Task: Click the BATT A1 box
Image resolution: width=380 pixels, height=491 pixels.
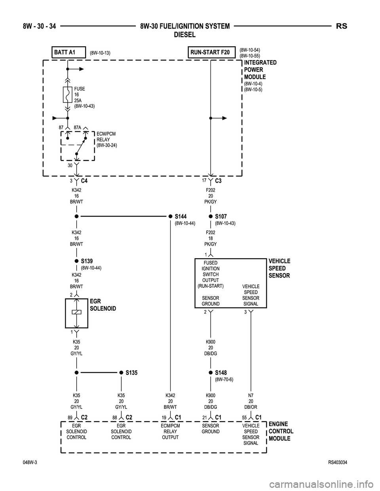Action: (68, 52)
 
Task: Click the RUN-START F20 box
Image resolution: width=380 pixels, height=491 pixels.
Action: (210, 52)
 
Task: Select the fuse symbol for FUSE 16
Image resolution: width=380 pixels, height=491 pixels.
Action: (68, 95)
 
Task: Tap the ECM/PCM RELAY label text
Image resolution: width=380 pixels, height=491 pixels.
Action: (106, 140)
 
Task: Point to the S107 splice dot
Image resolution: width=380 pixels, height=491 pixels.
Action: (211, 217)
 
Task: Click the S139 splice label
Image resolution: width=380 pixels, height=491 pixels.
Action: (87, 261)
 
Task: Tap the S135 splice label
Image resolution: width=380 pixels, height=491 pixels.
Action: (131, 372)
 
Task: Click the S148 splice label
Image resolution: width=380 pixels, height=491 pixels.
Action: (221, 372)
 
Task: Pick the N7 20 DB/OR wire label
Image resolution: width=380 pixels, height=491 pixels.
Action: (251, 400)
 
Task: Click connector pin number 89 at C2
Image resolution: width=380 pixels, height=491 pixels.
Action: (70, 417)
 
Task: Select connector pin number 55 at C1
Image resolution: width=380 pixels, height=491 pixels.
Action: (245, 417)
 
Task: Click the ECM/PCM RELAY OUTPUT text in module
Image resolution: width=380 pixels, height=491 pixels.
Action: (170, 431)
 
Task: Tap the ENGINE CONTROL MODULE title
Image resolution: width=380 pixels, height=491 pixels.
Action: (281, 431)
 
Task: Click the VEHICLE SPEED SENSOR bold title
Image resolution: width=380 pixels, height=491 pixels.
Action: (279, 268)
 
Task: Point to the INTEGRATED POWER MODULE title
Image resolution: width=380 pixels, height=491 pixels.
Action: (260, 70)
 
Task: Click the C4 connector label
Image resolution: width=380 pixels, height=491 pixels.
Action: (84, 181)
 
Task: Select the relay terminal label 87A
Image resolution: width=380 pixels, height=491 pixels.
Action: (77, 128)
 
